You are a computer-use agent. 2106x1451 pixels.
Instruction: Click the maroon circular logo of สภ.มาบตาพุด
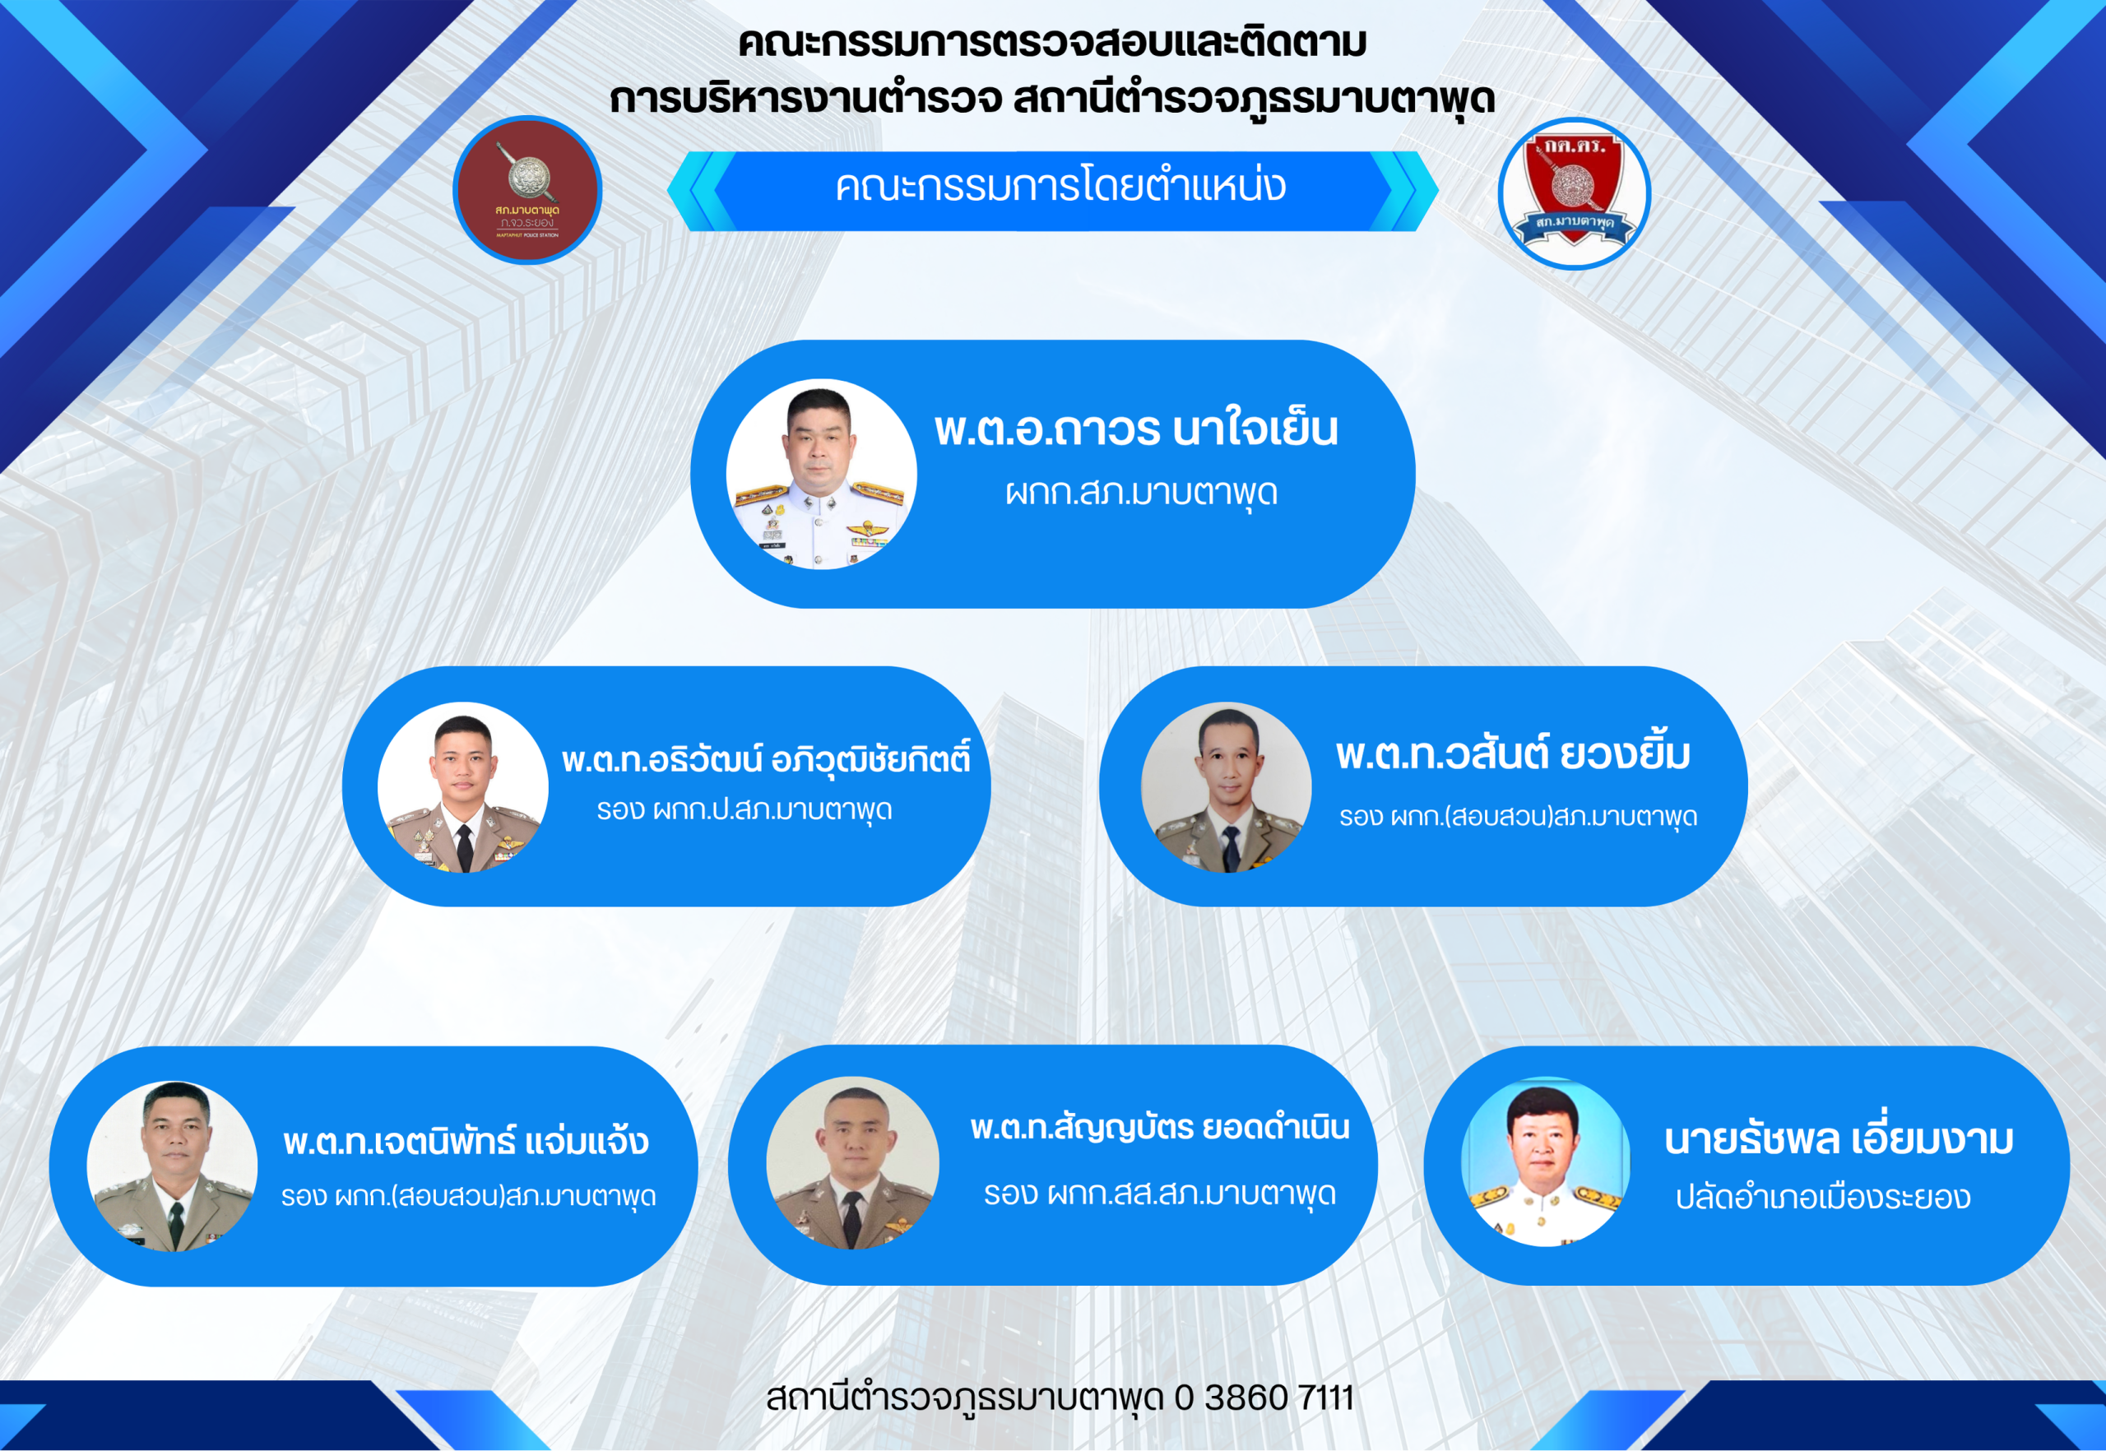pos(527,190)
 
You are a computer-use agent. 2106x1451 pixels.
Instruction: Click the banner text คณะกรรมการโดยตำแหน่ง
pos(1060,187)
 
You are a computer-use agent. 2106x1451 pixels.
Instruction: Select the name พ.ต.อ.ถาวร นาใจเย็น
pos(1136,429)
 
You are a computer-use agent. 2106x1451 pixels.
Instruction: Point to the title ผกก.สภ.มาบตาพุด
pos(1141,493)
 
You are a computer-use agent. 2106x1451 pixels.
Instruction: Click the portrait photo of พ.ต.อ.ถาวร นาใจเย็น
pos(821,475)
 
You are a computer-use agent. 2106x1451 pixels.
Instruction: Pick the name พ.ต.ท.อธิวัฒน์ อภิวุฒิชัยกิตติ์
pos(766,758)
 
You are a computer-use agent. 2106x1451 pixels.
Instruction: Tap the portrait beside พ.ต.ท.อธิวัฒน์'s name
pos(463,787)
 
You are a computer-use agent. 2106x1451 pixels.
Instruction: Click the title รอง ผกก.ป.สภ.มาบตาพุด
pos(744,809)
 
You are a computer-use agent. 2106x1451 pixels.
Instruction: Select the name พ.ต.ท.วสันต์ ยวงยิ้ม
pos(1512,753)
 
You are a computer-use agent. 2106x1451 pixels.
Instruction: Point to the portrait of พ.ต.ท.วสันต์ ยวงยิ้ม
pos(1227,787)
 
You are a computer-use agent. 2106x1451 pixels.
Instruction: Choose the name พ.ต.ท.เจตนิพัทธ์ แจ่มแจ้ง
pos(466,1141)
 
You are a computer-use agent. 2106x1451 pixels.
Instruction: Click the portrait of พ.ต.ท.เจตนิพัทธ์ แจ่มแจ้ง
pos(172,1166)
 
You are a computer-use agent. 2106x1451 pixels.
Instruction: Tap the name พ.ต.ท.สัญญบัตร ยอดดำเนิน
pos(1159,1128)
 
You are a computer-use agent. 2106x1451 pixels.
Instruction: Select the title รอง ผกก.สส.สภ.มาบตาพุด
pos(1159,1194)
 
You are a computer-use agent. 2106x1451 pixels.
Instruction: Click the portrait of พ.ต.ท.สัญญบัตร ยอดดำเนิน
pos(853,1164)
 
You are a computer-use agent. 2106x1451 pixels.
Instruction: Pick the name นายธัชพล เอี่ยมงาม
pos(1839,1138)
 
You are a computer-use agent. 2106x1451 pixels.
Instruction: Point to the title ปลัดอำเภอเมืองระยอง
pos(1823,1198)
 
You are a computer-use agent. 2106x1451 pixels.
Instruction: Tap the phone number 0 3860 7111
pos(1264,1398)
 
